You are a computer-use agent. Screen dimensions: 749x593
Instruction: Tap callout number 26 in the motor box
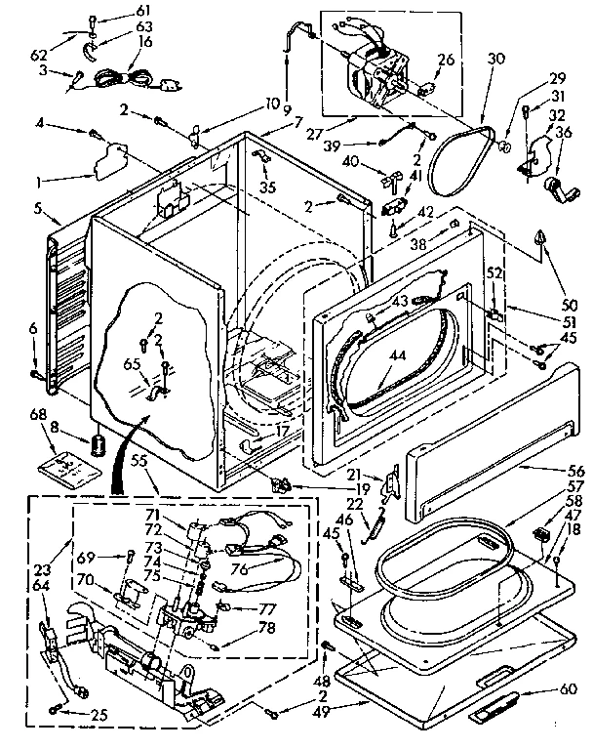(x=446, y=59)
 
